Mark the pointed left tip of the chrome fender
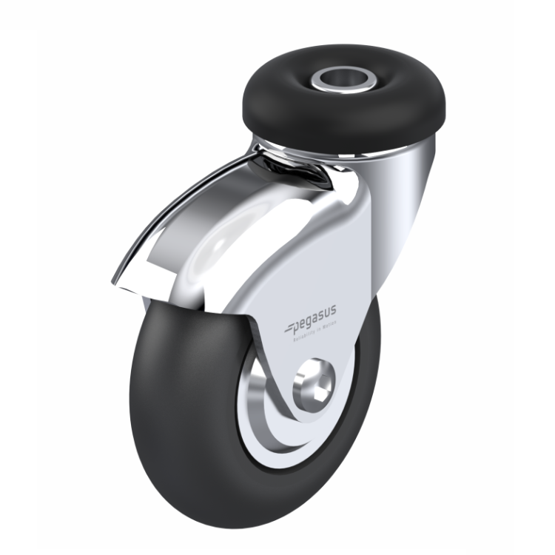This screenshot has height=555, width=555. point(115,281)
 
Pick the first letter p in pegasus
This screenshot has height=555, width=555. point(292,327)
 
